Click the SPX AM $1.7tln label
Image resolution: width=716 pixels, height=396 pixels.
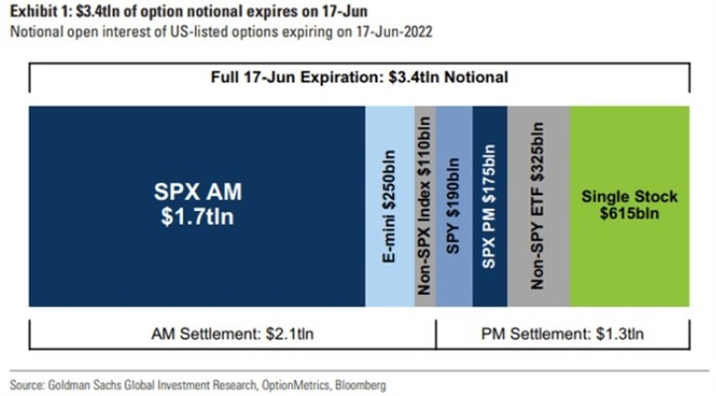(198, 204)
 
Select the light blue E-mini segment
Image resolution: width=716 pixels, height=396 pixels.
(390, 206)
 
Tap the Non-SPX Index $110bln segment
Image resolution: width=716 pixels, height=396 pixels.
(425, 206)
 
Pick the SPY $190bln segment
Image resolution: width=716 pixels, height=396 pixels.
(454, 206)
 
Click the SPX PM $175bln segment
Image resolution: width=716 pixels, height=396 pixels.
(490, 206)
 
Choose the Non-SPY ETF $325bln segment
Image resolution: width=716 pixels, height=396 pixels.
(539, 206)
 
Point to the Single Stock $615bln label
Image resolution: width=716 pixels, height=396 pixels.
(630, 204)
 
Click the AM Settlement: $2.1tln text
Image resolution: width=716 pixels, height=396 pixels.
(233, 334)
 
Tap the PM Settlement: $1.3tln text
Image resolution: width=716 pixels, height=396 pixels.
(563, 334)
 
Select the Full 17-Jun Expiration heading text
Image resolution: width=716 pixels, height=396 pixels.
(359, 77)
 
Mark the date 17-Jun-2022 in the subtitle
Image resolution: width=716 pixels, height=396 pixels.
(394, 32)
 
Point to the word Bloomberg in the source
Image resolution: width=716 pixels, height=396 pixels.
(360, 385)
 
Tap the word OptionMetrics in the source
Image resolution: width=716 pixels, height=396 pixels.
(296, 385)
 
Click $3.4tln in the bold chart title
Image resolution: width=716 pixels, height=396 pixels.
(99, 11)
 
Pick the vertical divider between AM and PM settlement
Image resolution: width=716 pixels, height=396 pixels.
(436, 334)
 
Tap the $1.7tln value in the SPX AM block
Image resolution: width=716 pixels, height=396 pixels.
(198, 217)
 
